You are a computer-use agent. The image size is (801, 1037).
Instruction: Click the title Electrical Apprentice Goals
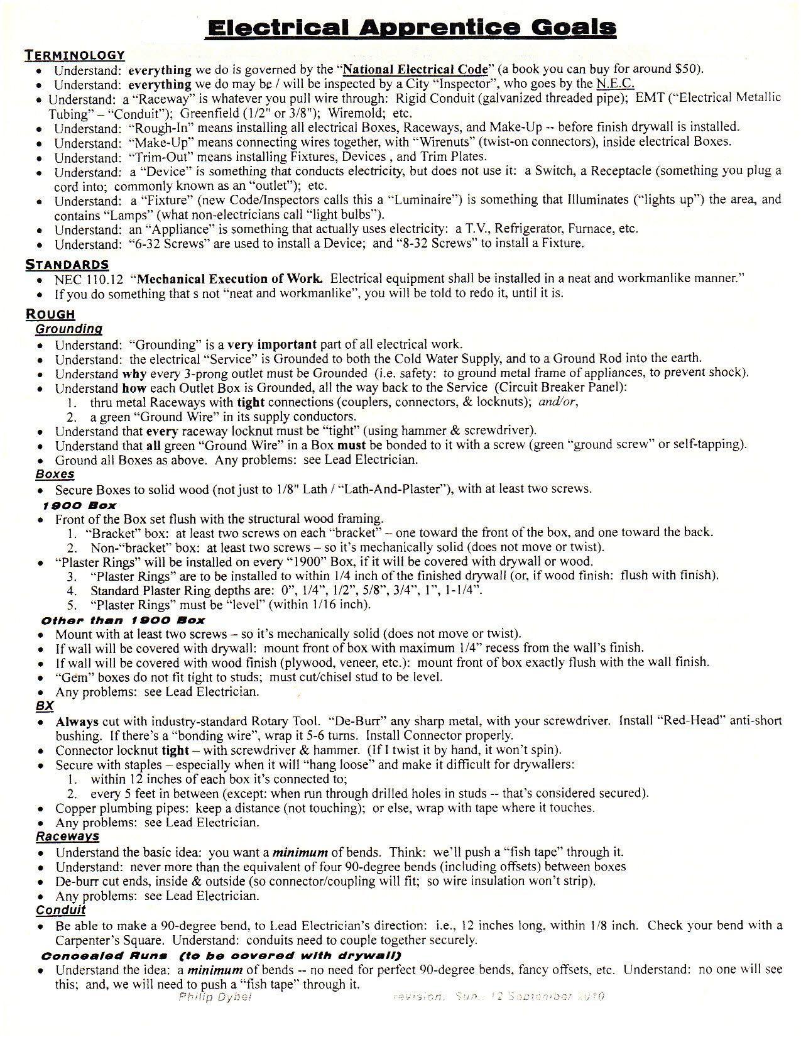[411, 28]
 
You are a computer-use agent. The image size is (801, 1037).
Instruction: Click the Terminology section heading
[75, 55]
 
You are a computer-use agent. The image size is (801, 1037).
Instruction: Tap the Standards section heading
[67, 265]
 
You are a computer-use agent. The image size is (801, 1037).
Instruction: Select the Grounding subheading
[68, 329]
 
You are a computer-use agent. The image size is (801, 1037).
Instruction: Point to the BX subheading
[45, 706]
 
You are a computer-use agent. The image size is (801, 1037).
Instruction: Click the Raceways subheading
[67, 837]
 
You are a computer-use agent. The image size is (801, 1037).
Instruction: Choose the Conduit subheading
[60, 910]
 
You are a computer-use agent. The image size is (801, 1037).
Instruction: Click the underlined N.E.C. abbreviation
[615, 84]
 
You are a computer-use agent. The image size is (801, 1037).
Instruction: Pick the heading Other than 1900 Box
[123, 620]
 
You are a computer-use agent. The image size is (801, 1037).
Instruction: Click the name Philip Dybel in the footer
[215, 997]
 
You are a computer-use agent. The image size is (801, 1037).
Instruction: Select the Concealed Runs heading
[104, 956]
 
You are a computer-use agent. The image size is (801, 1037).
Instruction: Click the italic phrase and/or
[558, 402]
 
